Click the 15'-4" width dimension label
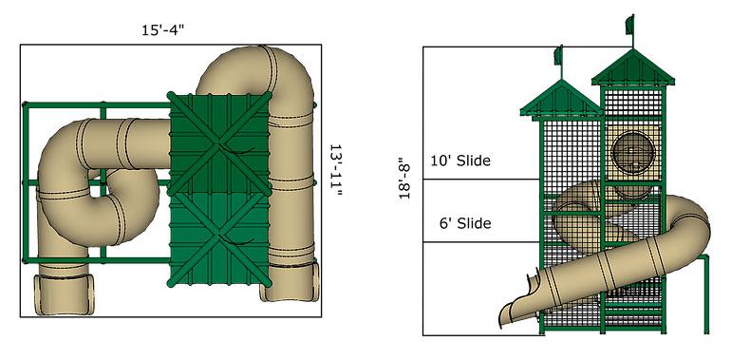(163, 30)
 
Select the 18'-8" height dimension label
(404, 178)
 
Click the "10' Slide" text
(460, 161)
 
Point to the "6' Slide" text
(465, 223)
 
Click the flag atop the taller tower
(629, 25)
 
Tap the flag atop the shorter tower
(557, 55)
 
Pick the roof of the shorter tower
(561, 99)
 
